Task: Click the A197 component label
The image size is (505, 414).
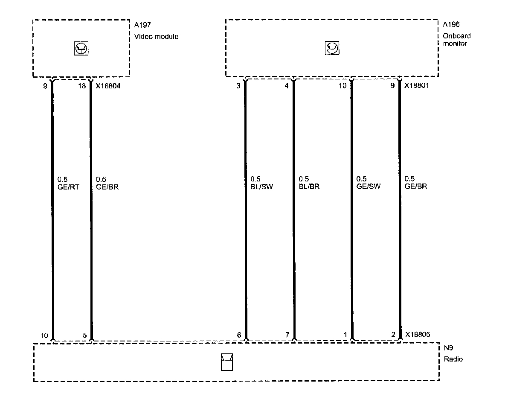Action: pos(142,25)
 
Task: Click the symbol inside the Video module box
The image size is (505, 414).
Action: pos(81,49)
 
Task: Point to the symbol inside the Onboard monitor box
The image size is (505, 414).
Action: pos(331,49)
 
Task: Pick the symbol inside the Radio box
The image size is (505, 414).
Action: pos(227,362)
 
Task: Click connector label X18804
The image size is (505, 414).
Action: pos(108,86)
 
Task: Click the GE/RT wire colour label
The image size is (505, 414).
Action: pos(68,187)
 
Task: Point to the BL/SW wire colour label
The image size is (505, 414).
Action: pos(261,187)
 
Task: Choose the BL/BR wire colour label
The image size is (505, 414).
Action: pos(309,187)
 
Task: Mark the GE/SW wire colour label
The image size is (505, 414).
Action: pos(368,187)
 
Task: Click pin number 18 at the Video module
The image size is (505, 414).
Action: pos(83,86)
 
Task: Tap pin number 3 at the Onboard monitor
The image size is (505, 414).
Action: pos(239,86)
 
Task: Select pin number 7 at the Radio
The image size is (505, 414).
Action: pos(287,335)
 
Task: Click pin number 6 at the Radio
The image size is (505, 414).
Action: pos(239,335)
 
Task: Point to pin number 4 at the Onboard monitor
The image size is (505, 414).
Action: pos(287,86)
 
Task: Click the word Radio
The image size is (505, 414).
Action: pos(453,359)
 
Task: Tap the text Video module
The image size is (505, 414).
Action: pos(156,36)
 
